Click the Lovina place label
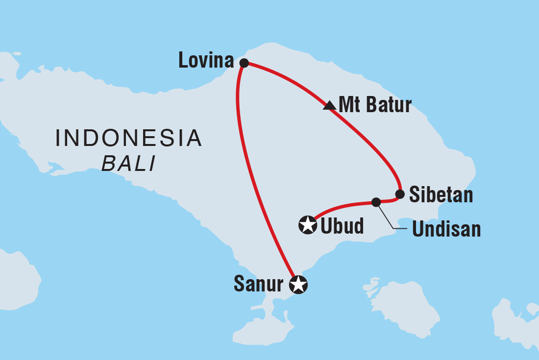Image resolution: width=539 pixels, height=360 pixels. pos(206,61)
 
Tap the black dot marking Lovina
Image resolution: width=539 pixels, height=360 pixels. pos(244,63)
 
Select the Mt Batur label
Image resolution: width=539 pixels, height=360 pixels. pos(375,105)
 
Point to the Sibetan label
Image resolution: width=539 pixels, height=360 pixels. pos(441,195)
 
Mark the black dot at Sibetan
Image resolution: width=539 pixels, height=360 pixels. pos(400,194)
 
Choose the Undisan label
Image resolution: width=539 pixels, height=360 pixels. pos(446,229)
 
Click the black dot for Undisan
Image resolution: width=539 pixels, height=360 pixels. pos(376,202)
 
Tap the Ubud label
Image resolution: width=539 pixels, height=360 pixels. pos(342,226)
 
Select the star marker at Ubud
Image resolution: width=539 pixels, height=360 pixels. pos(308,225)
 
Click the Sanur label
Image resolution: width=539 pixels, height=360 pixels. pos(258,284)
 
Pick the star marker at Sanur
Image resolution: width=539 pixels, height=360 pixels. pos(298,284)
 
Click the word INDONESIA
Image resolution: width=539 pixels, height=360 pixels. pos(128,139)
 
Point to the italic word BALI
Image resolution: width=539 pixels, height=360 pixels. pos(128,164)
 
